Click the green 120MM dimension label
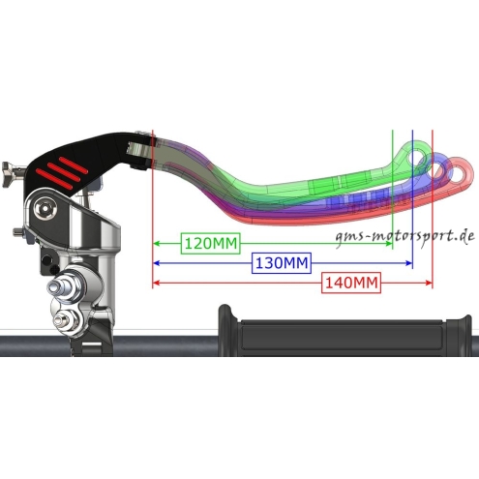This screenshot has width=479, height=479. pyautogui.click(x=211, y=243)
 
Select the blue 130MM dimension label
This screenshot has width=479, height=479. pyautogui.click(x=282, y=263)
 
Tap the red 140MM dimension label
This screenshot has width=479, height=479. pyautogui.click(x=351, y=283)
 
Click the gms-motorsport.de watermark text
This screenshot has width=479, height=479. pyautogui.click(x=404, y=237)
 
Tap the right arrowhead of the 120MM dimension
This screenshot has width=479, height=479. pyautogui.click(x=388, y=243)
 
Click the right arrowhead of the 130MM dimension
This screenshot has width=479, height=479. pyautogui.click(x=408, y=263)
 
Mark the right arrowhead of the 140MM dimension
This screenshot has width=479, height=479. pyautogui.click(x=428, y=283)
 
